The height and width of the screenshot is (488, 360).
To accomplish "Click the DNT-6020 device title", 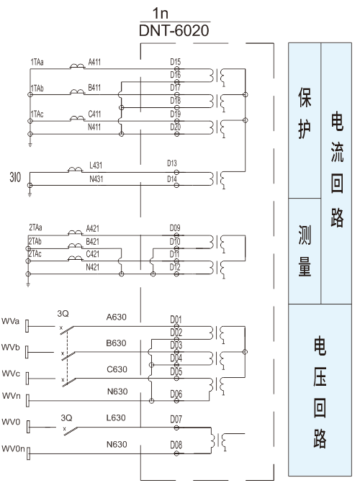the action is coord(174,30).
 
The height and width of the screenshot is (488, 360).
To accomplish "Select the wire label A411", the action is coord(94,62).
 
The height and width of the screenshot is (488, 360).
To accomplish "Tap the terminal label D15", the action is coord(176,62).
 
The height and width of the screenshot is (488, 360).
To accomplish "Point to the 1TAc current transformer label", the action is coord(37,114).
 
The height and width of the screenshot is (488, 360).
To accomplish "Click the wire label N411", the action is coord(94,127).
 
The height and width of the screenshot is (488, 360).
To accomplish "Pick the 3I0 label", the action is coord(15,177).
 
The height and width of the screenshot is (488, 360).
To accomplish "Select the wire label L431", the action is coord(96,166).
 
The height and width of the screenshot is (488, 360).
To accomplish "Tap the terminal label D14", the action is coord(172,179).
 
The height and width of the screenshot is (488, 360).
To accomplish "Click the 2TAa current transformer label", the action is coord(35,227).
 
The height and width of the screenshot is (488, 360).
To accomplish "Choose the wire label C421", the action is coord(92,254).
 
